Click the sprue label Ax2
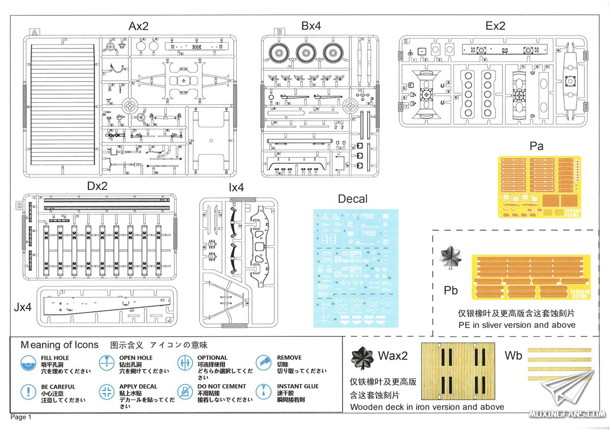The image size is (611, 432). (138, 26)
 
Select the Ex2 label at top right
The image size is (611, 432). (495, 26)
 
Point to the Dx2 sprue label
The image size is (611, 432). (97, 186)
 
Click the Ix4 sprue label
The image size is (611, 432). (236, 187)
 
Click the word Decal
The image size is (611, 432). (352, 199)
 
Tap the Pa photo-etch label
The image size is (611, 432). (537, 147)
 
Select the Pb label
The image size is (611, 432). (451, 291)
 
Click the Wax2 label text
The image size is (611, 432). (393, 356)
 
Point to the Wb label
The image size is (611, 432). (513, 356)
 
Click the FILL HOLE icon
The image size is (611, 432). (29, 363)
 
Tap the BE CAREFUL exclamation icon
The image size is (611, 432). (29, 392)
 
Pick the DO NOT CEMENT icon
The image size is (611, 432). (184, 392)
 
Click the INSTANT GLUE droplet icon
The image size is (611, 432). (263, 392)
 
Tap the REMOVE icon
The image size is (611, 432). (263, 363)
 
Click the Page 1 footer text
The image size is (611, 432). (21, 417)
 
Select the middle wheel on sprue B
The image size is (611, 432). (304, 52)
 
